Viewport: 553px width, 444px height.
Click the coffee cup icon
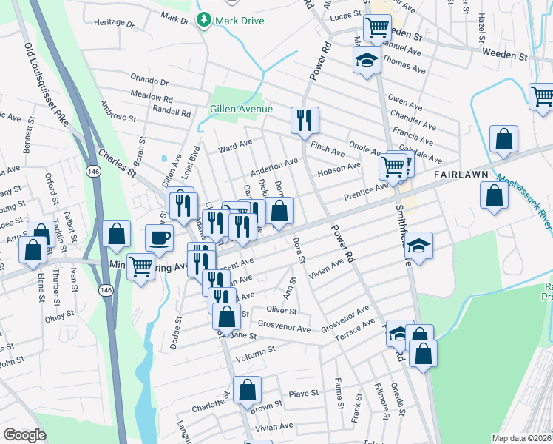159,238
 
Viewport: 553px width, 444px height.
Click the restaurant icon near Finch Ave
305,119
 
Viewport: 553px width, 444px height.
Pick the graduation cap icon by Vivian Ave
418,246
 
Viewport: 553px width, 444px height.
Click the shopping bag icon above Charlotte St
248,389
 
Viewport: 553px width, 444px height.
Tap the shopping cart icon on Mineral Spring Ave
140,266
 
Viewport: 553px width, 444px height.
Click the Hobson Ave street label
339,170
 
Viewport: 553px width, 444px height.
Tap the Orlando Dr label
150,81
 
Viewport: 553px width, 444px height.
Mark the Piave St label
304,394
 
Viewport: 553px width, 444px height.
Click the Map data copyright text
522,438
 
